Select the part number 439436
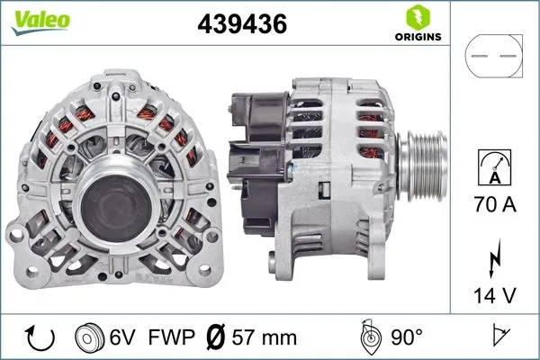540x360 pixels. pyautogui.click(x=241, y=24)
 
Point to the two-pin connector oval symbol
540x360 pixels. pyautogui.click(x=493, y=56)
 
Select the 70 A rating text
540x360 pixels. pyautogui.click(x=495, y=206)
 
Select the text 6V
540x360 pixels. pyautogui.click(x=123, y=337)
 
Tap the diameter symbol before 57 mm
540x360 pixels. pyautogui.click(x=216, y=337)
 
